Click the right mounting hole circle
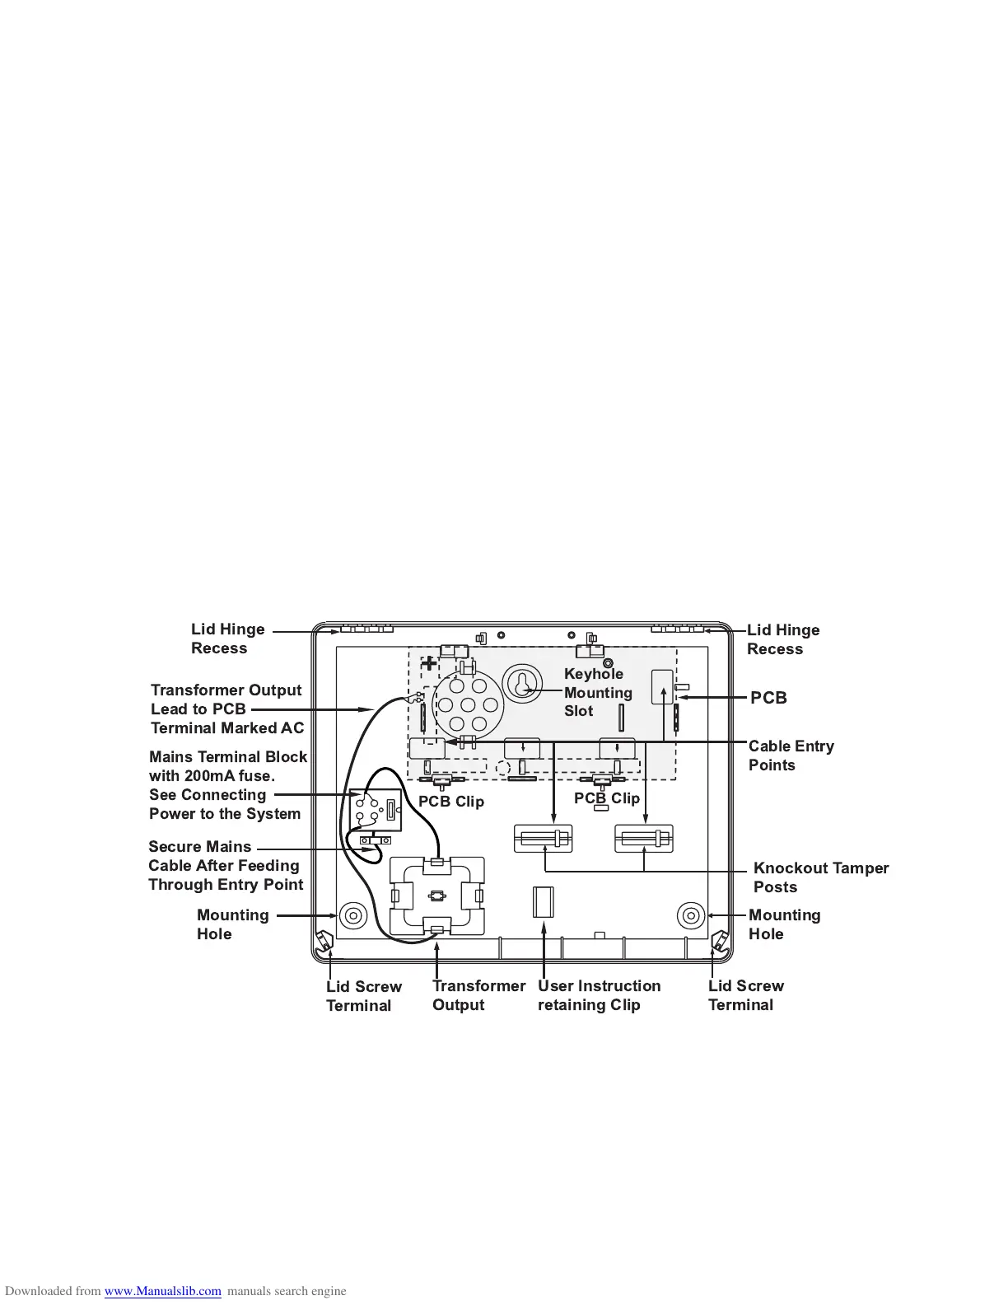pos(690,915)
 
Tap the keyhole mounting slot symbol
pos(522,684)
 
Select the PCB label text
pos(768,698)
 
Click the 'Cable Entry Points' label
pos(791,755)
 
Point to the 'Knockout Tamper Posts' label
pos(820,877)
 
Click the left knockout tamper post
pos(543,839)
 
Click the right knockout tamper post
pos(644,839)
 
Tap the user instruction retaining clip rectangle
pos(544,902)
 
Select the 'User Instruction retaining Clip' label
pos(599,995)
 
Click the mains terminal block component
pos(376,810)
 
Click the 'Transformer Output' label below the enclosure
pos(478,995)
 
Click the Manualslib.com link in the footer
pos(162,1291)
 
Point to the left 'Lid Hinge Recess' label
pos(227,638)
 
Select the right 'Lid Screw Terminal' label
pos(745,995)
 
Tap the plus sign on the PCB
pos(429,663)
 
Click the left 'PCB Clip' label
pos(450,802)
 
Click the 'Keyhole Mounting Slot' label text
pos(598,692)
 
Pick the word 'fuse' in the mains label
pos(254,776)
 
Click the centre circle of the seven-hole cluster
pos(468,705)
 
